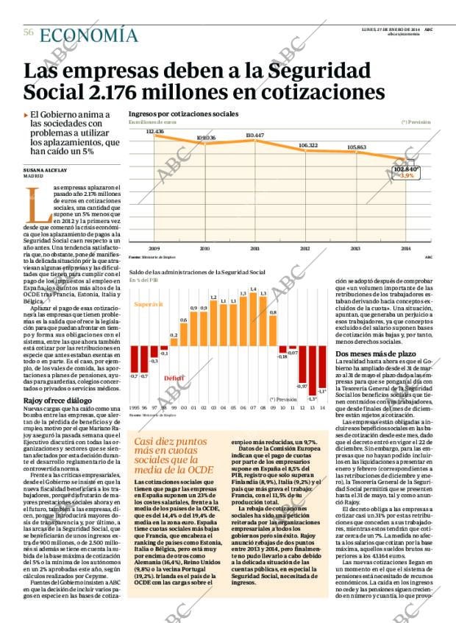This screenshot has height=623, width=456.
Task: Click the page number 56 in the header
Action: [29, 32]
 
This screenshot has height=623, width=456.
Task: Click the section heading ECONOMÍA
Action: [88, 35]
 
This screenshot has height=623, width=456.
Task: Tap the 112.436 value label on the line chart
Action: [154, 131]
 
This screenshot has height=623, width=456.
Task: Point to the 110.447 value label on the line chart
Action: [254, 135]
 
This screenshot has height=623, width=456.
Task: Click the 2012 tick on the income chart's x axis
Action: [304, 249]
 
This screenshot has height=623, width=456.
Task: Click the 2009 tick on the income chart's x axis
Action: [154, 249]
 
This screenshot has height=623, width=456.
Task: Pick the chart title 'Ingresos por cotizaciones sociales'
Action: [183, 114]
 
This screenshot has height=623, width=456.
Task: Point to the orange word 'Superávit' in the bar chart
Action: [149, 303]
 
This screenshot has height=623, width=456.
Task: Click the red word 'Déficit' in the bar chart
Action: [174, 379]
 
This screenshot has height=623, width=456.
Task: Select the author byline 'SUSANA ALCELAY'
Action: [47, 169]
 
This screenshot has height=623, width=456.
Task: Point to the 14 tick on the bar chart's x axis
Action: [323, 406]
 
